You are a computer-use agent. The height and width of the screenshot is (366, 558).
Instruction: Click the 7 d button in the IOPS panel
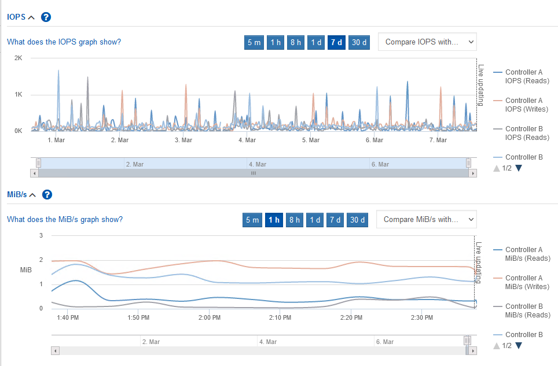tap(336, 42)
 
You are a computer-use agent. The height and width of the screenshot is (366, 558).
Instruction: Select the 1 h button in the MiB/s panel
tap(274, 220)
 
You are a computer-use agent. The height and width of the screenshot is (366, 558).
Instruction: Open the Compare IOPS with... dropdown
tap(427, 42)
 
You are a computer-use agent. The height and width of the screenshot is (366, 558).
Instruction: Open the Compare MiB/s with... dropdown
tap(426, 220)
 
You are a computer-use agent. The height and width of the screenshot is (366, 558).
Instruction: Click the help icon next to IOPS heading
tap(46, 17)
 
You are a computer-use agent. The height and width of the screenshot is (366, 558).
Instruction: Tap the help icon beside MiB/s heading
tap(47, 194)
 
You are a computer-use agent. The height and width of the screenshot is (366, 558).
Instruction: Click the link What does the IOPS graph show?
tap(64, 42)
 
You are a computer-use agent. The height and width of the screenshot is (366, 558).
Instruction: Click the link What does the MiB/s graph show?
tap(65, 219)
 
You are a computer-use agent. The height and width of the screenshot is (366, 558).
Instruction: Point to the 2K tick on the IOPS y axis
tap(19, 58)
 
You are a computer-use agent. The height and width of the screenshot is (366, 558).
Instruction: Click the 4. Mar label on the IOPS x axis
tap(247, 140)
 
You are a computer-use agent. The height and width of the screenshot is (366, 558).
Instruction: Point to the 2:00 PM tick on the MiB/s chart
tap(209, 317)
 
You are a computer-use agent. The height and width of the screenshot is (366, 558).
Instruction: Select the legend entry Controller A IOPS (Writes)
tap(524, 105)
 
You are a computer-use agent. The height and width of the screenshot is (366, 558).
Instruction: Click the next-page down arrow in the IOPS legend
tap(519, 168)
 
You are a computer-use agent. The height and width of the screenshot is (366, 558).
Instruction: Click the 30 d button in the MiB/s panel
tap(357, 220)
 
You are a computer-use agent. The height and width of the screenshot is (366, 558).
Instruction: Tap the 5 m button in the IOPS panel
tap(254, 42)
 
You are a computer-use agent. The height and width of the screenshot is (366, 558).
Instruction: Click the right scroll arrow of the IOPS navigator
tap(473, 173)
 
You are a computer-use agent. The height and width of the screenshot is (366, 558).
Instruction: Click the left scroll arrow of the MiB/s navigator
tap(56, 350)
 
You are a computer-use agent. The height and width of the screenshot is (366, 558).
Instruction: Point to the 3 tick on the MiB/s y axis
tap(41, 235)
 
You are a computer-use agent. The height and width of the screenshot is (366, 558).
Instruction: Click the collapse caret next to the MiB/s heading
tap(32, 195)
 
